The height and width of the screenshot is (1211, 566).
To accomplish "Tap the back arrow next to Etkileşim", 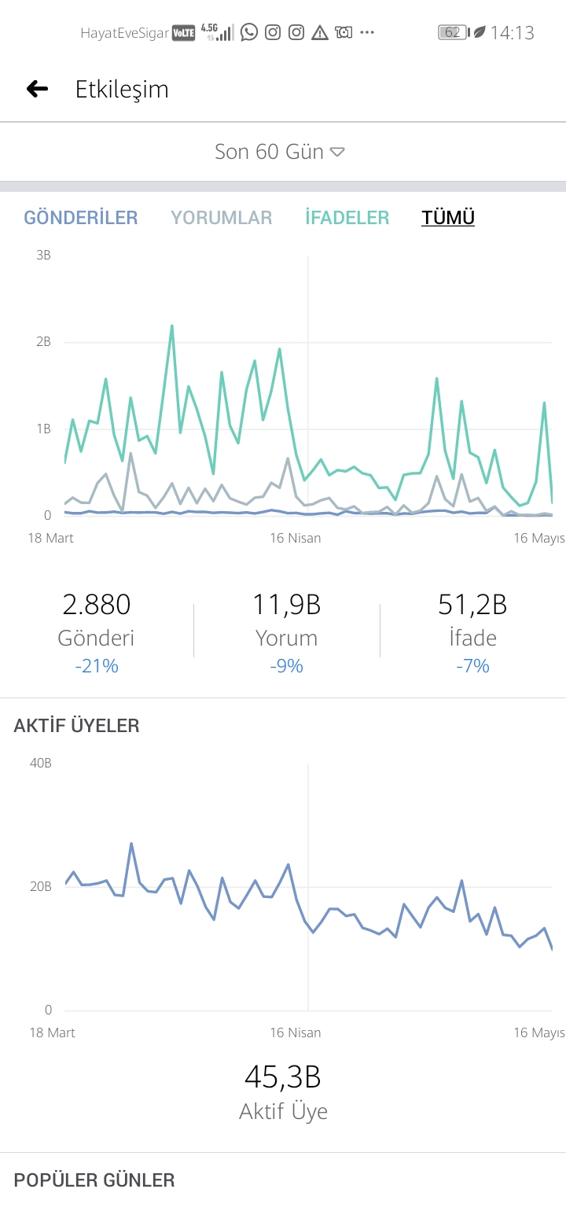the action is pyautogui.click(x=37, y=89).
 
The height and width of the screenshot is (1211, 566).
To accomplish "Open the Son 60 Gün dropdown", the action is pyautogui.click(x=280, y=152).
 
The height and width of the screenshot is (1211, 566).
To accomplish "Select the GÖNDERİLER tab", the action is pyautogui.click(x=80, y=217).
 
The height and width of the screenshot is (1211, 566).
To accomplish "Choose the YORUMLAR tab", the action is pyautogui.click(x=222, y=217).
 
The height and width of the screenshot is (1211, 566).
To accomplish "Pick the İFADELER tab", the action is pyautogui.click(x=347, y=217).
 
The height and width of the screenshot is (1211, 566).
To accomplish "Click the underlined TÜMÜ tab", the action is pyautogui.click(x=448, y=217).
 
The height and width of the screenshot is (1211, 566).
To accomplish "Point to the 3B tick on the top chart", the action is pyautogui.click(x=43, y=255).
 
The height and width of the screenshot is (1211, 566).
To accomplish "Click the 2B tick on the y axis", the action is pyautogui.click(x=43, y=341).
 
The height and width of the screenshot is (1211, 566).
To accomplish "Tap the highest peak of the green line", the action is pyautogui.click(x=172, y=326).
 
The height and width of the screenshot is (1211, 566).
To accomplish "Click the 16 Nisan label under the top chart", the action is pyautogui.click(x=295, y=538).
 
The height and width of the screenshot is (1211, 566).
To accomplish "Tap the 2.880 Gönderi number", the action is pyautogui.click(x=96, y=605).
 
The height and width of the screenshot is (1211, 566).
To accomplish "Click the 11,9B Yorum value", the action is pyautogui.click(x=286, y=605).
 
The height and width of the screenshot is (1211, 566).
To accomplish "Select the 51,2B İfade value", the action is pyautogui.click(x=472, y=605).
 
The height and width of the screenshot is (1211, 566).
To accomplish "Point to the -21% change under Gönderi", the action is pyautogui.click(x=96, y=665).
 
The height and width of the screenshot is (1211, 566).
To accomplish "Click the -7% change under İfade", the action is pyautogui.click(x=472, y=665).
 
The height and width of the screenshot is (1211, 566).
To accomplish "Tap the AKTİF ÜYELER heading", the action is pyautogui.click(x=76, y=726).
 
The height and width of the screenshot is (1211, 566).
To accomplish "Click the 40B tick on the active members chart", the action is pyautogui.click(x=41, y=764).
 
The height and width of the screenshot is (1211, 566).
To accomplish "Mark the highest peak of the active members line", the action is pyautogui.click(x=130, y=844).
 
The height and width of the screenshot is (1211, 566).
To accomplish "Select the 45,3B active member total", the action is pyautogui.click(x=283, y=1077).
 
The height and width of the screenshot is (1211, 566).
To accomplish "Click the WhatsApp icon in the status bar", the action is pyautogui.click(x=249, y=32).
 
